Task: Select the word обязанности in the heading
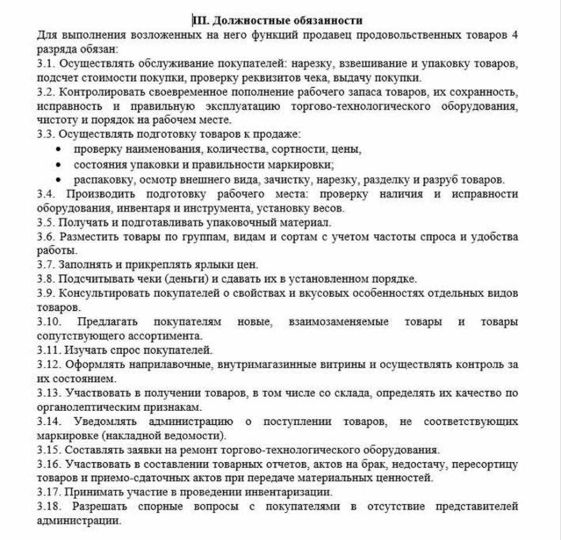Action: [332, 21]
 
